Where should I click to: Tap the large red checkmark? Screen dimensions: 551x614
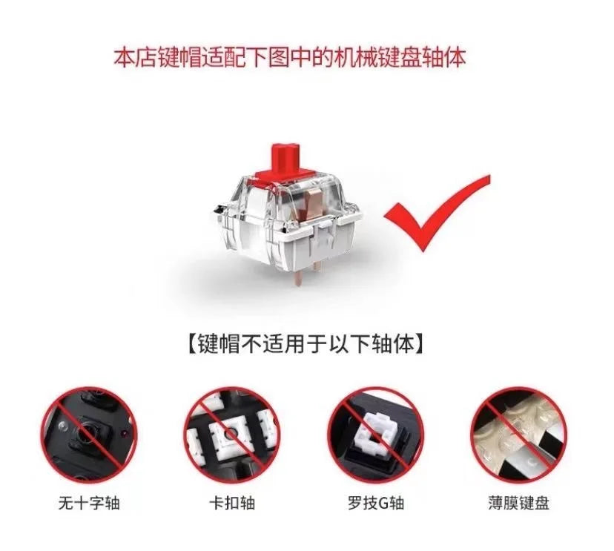click(438, 215)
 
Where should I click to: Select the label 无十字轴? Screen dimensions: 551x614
click(89, 503)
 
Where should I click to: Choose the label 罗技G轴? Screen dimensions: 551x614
click(376, 503)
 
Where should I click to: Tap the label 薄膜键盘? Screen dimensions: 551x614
click(521, 503)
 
